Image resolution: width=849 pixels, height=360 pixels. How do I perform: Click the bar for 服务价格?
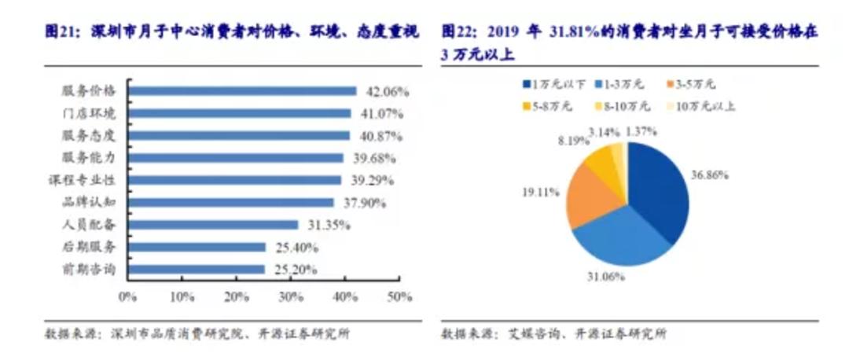[241, 90]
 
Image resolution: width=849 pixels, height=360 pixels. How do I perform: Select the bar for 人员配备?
[212, 225]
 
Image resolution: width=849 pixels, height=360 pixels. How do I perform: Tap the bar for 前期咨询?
[196, 270]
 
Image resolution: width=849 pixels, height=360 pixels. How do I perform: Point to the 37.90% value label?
[361, 203]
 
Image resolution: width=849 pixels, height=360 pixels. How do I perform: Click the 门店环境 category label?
[94, 113]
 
